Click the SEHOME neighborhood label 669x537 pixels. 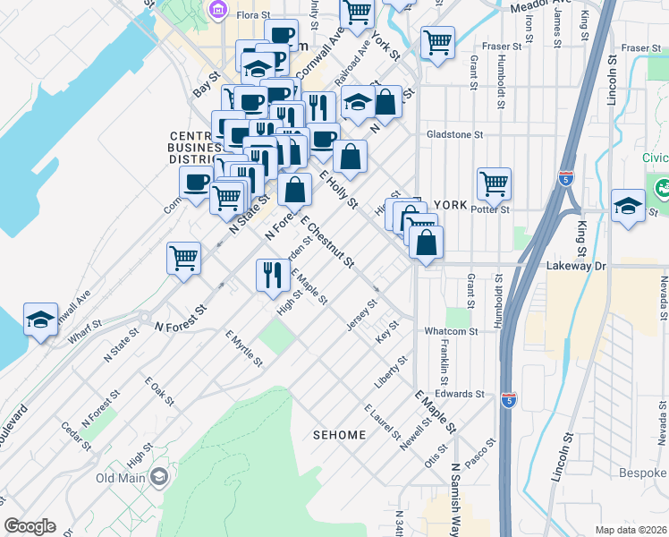tap(339, 435)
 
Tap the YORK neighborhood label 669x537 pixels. tap(450, 205)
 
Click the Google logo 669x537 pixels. tap(30, 526)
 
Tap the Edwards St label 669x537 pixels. tap(461, 394)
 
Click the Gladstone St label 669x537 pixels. tap(453, 134)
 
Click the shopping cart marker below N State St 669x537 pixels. tap(183, 258)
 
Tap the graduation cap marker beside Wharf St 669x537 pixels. tap(40, 320)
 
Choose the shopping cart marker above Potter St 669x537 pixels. tap(493, 183)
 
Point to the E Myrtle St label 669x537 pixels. tap(243, 348)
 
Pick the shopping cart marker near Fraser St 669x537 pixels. tap(437, 41)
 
